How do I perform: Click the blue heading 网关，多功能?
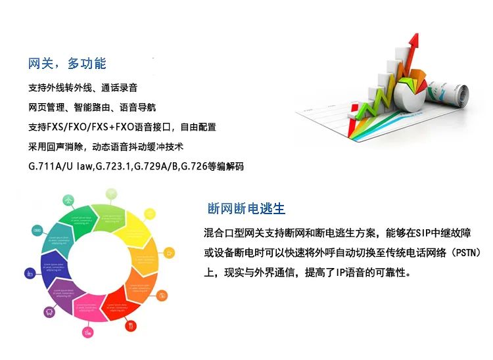(67, 64)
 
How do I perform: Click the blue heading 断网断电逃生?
(246, 209)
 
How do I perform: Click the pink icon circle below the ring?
(86, 333)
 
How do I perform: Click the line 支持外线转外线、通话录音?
(83, 87)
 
